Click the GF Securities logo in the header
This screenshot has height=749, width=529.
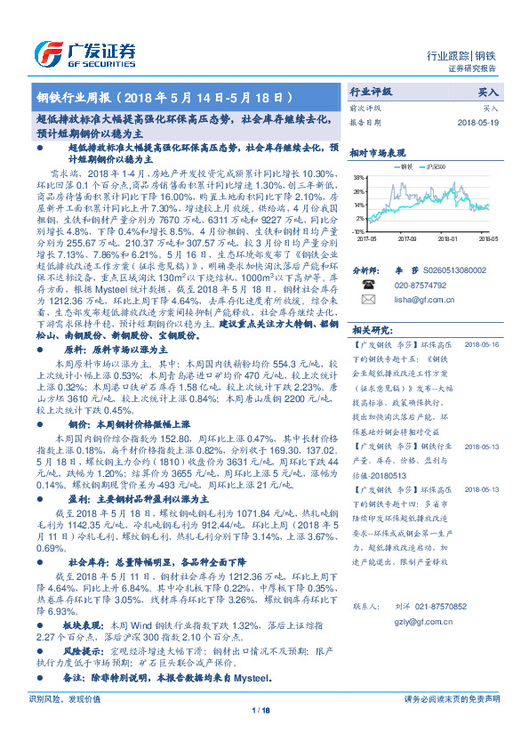coord(85,51)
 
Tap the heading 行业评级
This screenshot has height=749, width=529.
coord(371,92)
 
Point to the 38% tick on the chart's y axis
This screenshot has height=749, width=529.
coord(359,177)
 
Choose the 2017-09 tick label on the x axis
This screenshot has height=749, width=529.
coord(407,238)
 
